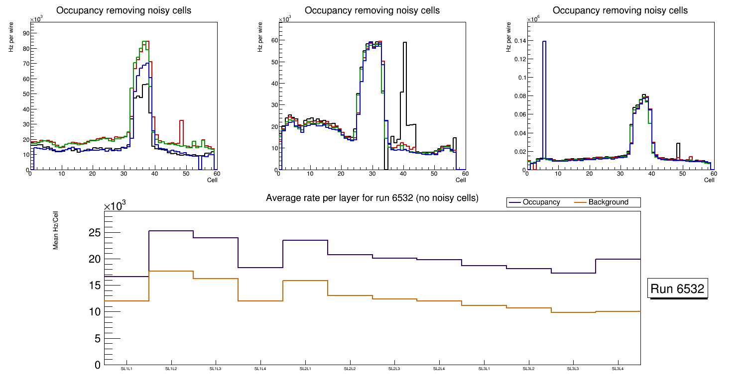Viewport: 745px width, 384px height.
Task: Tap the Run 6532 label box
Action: click(x=678, y=289)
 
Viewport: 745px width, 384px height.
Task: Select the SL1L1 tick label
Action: click(x=126, y=369)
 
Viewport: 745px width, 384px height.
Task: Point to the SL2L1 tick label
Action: click(x=305, y=369)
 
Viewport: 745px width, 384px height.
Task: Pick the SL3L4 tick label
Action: click(x=618, y=369)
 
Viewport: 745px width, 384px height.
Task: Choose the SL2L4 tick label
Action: click(x=439, y=369)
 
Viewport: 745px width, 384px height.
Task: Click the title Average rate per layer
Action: click(x=372, y=198)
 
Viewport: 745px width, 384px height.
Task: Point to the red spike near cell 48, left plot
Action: click(x=182, y=132)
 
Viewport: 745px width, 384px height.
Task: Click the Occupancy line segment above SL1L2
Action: click(x=171, y=231)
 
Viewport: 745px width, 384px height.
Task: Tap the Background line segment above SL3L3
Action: click(x=573, y=312)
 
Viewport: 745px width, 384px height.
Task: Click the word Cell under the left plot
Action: click(x=212, y=180)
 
